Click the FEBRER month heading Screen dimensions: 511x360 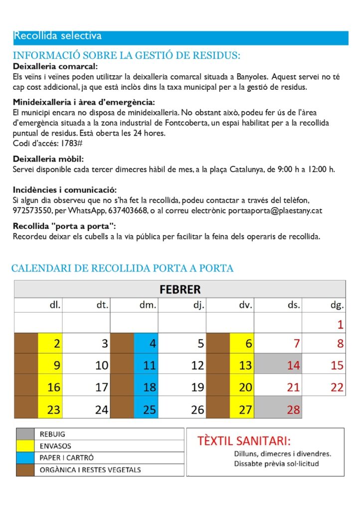180,289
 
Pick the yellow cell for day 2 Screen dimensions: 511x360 50,343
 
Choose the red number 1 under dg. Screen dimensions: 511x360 340,325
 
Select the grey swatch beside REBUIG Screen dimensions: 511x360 24,434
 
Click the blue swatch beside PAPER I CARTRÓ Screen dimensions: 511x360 24,458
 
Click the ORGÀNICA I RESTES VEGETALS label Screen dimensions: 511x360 90,470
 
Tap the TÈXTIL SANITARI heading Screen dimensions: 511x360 244,441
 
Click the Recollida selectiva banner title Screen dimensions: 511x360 57,36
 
